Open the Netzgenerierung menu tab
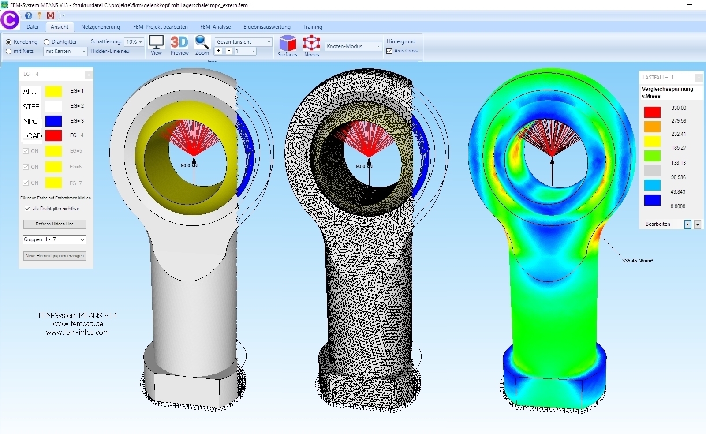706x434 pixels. coord(100,27)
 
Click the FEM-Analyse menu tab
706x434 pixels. coord(215,27)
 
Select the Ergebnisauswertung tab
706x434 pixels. coord(267,27)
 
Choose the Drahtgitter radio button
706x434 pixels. coord(47,42)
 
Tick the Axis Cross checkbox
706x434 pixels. coord(389,51)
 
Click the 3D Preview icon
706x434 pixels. coord(179,42)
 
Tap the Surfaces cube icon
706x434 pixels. coord(288,43)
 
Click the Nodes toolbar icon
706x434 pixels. coord(311,43)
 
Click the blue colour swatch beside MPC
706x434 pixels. coord(53,121)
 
